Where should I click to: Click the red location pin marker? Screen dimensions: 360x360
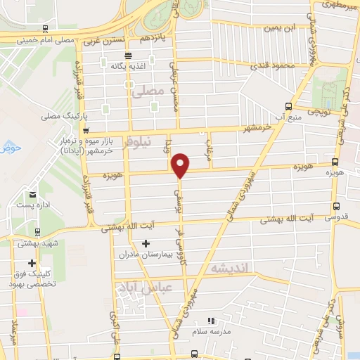[x=181, y=165]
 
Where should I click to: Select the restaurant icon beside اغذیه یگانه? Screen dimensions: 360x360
[x=127, y=56]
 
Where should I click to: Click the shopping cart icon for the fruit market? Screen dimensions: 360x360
[x=85, y=131]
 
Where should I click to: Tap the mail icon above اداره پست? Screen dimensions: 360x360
[x=33, y=195]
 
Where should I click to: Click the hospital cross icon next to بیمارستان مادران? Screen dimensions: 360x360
[x=146, y=244]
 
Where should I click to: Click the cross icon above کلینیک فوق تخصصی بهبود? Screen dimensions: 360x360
[x=31, y=262]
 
